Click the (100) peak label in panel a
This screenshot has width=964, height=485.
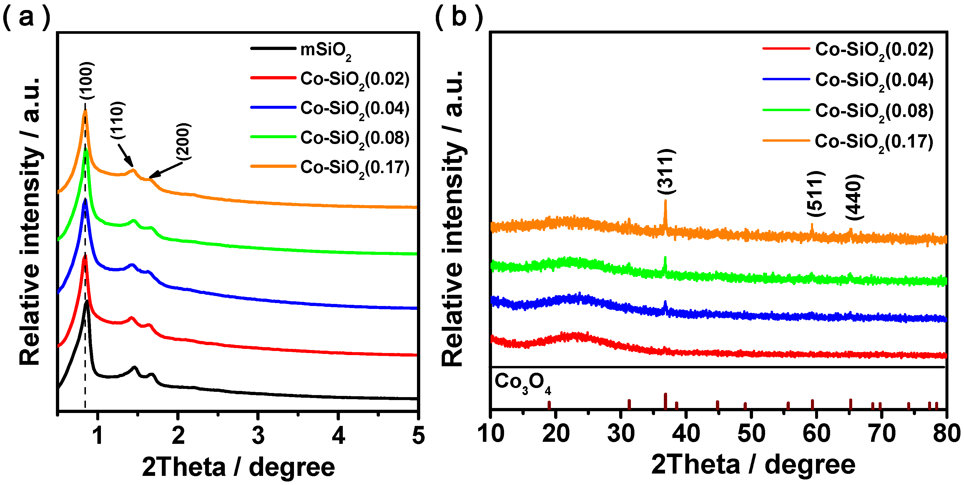(87, 81)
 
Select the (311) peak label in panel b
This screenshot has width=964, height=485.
(667, 171)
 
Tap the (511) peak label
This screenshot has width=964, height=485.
(815, 193)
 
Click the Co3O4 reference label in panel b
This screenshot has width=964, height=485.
(522, 383)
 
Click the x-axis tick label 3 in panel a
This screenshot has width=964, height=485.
(258, 436)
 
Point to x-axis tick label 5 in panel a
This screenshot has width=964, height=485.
(418, 436)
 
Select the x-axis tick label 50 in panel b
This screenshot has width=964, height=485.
(751, 434)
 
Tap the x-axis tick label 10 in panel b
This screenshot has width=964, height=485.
(491, 434)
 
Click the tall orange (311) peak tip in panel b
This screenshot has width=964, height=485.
(665, 201)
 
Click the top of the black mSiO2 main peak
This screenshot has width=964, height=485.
(87, 301)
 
